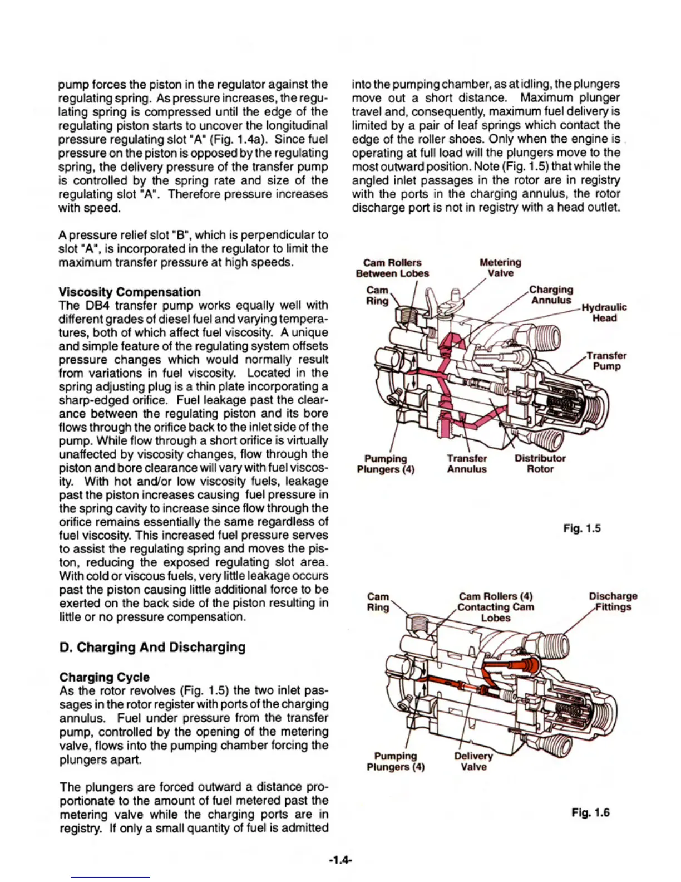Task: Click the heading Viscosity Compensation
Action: pyautogui.click(x=130, y=292)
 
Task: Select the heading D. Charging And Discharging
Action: pyautogui.click(x=152, y=647)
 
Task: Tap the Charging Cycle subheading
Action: pyautogui.click(x=104, y=677)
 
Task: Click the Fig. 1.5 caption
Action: pyautogui.click(x=582, y=528)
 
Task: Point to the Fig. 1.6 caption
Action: pyautogui.click(x=590, y=812)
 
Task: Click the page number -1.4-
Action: pyautogui.click(x=340, y=860)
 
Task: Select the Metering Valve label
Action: pyautogui.click(x=500, y=267)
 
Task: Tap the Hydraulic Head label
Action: pyautogui.click(x=604, y=312)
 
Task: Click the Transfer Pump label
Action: pyautogui.click(x=606, y=361)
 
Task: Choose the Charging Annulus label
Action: pyautogui.click(x=551, y=295)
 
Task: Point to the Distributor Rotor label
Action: pyautogui.click(x=540, y=463)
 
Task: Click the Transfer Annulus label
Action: pyautogui.click(x=467, y=463)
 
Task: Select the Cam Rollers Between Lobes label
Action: pyautogui.click(x=392, y=268)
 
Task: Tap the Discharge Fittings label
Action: pyautogui.click(x=613, y=601)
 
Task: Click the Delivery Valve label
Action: pyautogui.click(x=473, y=761)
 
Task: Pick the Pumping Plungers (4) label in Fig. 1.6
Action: pyautogui.click(x=396, y=761)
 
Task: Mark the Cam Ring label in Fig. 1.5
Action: pyautogui.click(x=377, y=295)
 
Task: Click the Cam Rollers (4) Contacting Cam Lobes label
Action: pyautogui.click(x=495, y=607)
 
